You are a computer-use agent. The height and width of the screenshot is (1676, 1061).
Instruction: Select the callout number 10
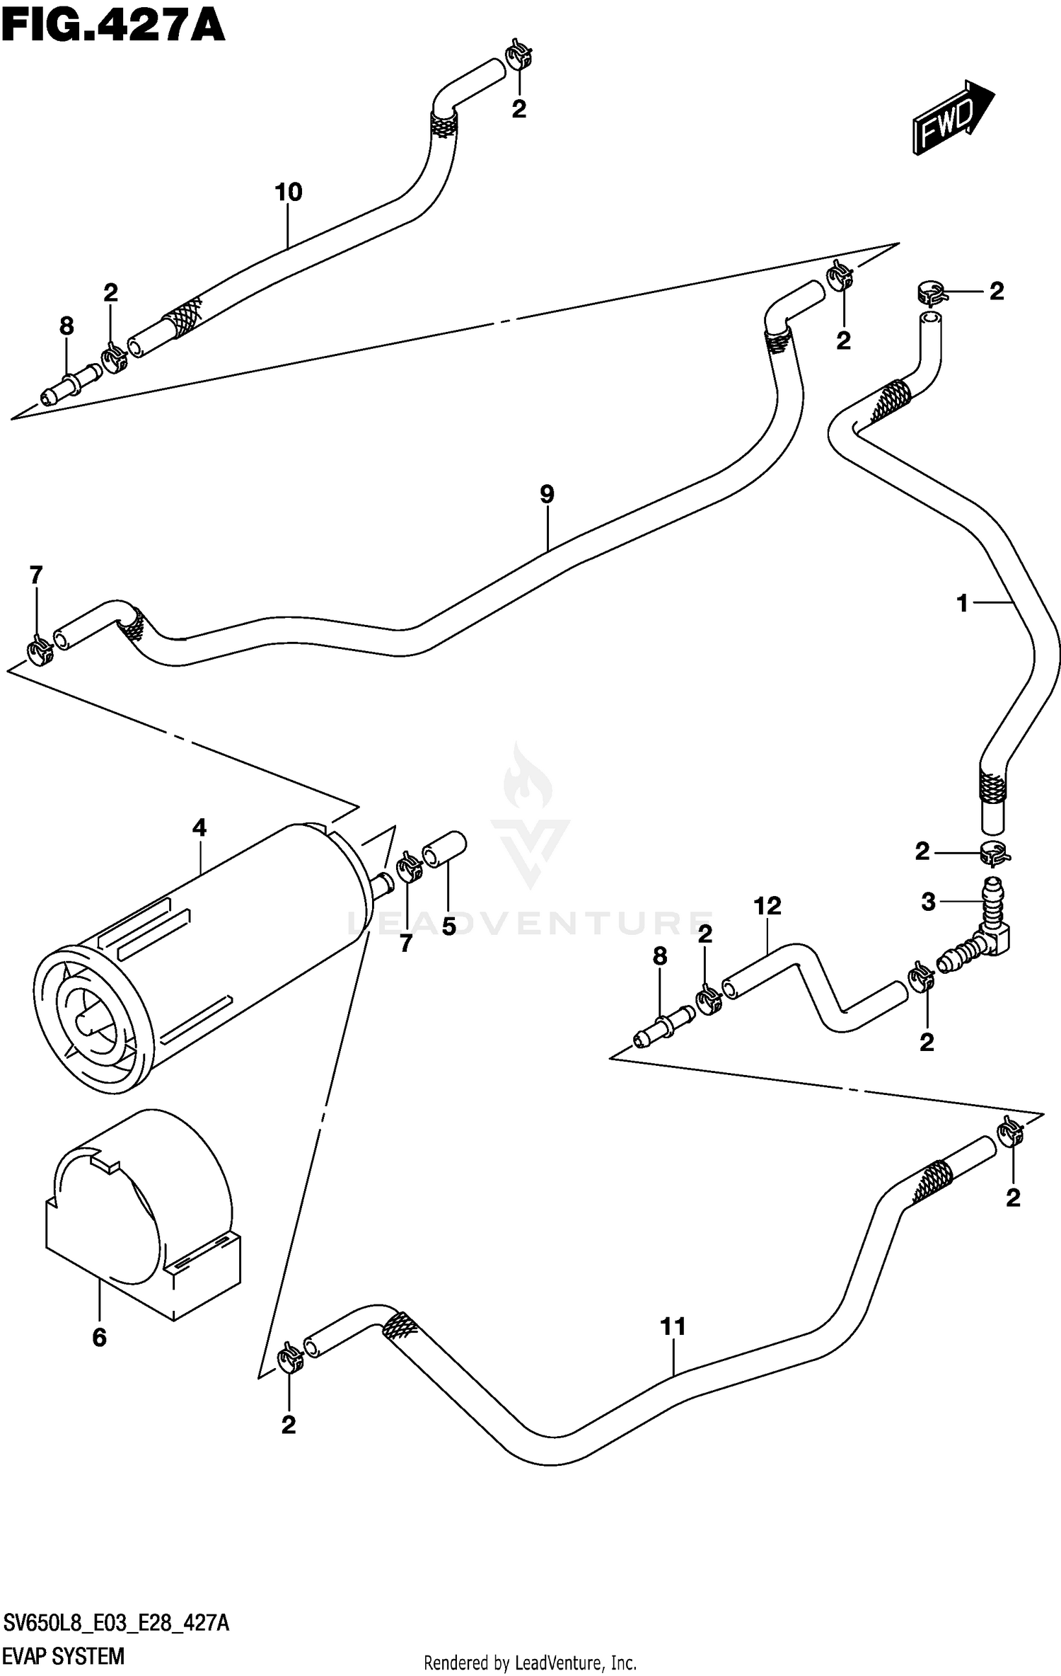point(289,192)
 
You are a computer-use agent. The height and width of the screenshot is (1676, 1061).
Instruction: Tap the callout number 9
point(547,494)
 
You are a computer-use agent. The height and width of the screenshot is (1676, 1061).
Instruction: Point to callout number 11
point(673,1326)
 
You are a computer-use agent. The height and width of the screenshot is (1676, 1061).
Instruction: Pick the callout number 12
point(767,905)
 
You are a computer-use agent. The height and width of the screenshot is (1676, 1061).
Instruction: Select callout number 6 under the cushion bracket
point(100,1337)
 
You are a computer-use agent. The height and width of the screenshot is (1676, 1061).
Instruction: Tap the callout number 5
point(449,926)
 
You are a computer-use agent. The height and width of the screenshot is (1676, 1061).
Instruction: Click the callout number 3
point(928,902)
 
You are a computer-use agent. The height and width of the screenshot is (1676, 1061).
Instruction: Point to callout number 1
point(962,603)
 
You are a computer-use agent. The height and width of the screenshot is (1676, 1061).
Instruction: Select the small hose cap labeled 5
point(444,849)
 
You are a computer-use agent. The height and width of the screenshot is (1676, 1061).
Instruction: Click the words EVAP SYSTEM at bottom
point(64,1656)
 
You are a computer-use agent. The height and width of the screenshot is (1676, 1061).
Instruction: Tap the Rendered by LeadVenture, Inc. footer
point(530,1663)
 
